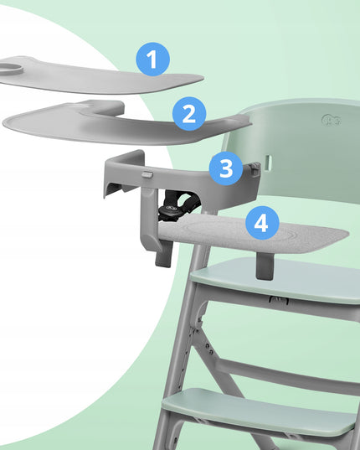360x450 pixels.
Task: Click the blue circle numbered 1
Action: (x=152, y=59)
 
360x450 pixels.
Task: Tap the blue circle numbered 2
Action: (x=189, y=114)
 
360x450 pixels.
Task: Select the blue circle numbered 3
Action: (x=226, y=168)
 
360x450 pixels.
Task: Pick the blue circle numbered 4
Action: (x=262, y=223)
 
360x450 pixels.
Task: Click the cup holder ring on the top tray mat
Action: (x=12, y=70)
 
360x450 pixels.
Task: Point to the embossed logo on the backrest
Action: (x=332, y=120)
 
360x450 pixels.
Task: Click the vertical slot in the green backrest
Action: (x=268, y=163)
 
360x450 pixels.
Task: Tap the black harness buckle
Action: (x=169, y=211)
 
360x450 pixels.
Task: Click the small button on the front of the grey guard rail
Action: (x=147, y=174)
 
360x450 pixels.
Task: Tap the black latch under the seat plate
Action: (x=279, y=300)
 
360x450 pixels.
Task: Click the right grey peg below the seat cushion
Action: (x=265, y=266)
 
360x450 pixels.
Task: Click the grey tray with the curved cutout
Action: (x=126, y=123)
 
